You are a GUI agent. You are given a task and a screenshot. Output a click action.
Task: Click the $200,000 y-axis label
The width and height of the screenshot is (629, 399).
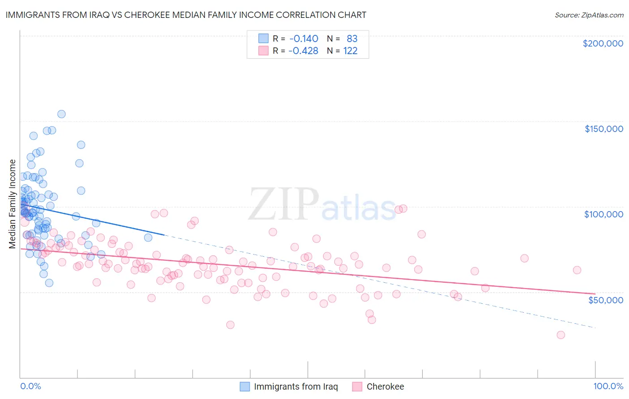(x=603, y=43)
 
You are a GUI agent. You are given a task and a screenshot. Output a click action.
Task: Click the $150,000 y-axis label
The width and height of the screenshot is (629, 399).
(x=603, y=129)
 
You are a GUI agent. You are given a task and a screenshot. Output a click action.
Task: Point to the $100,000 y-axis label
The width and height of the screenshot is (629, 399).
(x=603, y=214)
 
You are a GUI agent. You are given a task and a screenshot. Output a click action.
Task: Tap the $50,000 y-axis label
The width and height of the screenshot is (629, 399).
(x=605, y=300)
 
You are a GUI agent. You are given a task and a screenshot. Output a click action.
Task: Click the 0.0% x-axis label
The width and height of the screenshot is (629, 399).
(x=30, y=386)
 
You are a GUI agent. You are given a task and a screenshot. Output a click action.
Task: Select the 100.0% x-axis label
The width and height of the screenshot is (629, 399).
(x=608, y=386)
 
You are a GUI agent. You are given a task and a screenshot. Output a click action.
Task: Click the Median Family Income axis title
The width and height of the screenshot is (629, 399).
(x=13, y=204)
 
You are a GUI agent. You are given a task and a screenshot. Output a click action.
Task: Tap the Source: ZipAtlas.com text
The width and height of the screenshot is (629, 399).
(x=589, y=15)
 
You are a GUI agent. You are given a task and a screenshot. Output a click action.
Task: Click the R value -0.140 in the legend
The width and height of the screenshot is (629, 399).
(x=303, y=38)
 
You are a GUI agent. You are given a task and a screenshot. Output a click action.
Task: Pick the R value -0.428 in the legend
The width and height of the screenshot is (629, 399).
(x=303, y=51)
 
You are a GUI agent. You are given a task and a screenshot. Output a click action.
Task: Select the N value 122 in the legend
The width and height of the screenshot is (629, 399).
(x=350, y=51)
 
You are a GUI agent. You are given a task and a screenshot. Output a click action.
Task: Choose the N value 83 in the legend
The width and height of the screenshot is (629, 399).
(x=352, y=38)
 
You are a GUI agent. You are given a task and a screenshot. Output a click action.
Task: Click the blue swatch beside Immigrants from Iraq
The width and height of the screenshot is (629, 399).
(x=245, y=386)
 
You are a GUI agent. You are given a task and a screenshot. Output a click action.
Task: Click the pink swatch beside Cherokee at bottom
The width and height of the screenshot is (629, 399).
(x=357, y=386)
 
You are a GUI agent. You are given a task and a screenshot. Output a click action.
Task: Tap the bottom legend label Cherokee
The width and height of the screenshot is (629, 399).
(x=385, y=386)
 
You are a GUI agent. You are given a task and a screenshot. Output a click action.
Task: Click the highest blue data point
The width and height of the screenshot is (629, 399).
(x=61, y=114)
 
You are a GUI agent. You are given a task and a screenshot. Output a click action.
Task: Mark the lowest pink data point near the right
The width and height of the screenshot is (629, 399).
(x=561, y=335)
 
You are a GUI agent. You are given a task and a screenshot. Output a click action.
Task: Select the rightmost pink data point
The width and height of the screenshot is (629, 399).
(x=577, y=270)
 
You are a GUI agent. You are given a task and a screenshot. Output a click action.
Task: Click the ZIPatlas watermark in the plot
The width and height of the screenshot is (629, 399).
(x=322, y=205)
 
